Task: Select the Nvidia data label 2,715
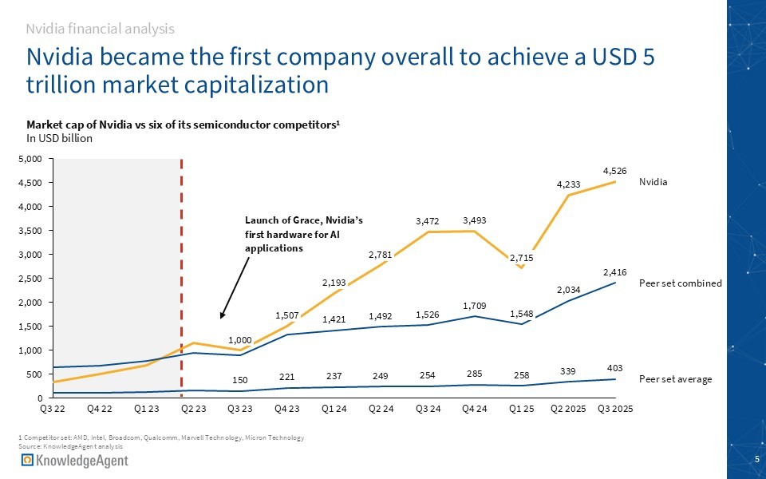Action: point(522,258)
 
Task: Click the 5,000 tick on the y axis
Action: point(31,160)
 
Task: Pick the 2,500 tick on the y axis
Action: point(31,279)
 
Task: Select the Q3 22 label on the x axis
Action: point(53,409)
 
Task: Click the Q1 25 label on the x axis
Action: point(522,409)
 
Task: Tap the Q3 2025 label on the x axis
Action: point(614,409)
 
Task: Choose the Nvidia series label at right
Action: point(653,182)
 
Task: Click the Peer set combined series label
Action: point(681,283)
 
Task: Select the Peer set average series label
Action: point(676,380)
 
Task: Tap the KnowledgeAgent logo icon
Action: point(27,461)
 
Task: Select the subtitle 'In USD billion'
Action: point(60,138)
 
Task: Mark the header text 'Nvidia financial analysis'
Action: point(100,29)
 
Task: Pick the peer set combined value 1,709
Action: point(476,305)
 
